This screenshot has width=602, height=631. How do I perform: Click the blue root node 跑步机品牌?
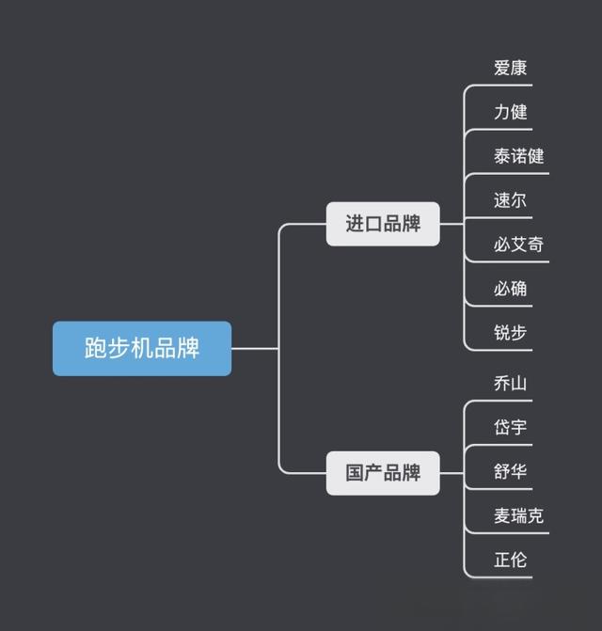coord(142,348)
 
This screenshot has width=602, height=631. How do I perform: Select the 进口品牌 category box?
coord(383,224)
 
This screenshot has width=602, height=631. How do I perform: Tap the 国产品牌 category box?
coord(383,473)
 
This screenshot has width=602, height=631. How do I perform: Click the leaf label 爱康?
coord(510,68)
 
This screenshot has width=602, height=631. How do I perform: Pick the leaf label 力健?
coord(510,112)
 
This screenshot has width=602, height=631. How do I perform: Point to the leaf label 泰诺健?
coord(518,156)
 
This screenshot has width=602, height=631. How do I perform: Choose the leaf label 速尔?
coord(510,200)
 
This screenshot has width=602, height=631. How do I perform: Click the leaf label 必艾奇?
coord(518,245)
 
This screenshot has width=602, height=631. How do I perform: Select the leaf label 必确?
coord(510,289)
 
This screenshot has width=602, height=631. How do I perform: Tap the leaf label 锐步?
coord(510,333)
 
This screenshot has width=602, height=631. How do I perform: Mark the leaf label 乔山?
coord(510,384)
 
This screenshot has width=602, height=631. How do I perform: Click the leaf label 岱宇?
coord(510,428)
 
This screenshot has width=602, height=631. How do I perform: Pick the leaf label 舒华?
coord(510,472)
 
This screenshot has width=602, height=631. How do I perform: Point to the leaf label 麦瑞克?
coord(518,516)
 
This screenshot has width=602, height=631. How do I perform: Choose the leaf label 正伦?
coord(510,560)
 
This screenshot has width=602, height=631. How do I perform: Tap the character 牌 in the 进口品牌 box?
coord(411,224)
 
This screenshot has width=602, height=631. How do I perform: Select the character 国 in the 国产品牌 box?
coord(355,473)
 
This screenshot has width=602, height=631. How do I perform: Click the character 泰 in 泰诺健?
coord(502,156)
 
